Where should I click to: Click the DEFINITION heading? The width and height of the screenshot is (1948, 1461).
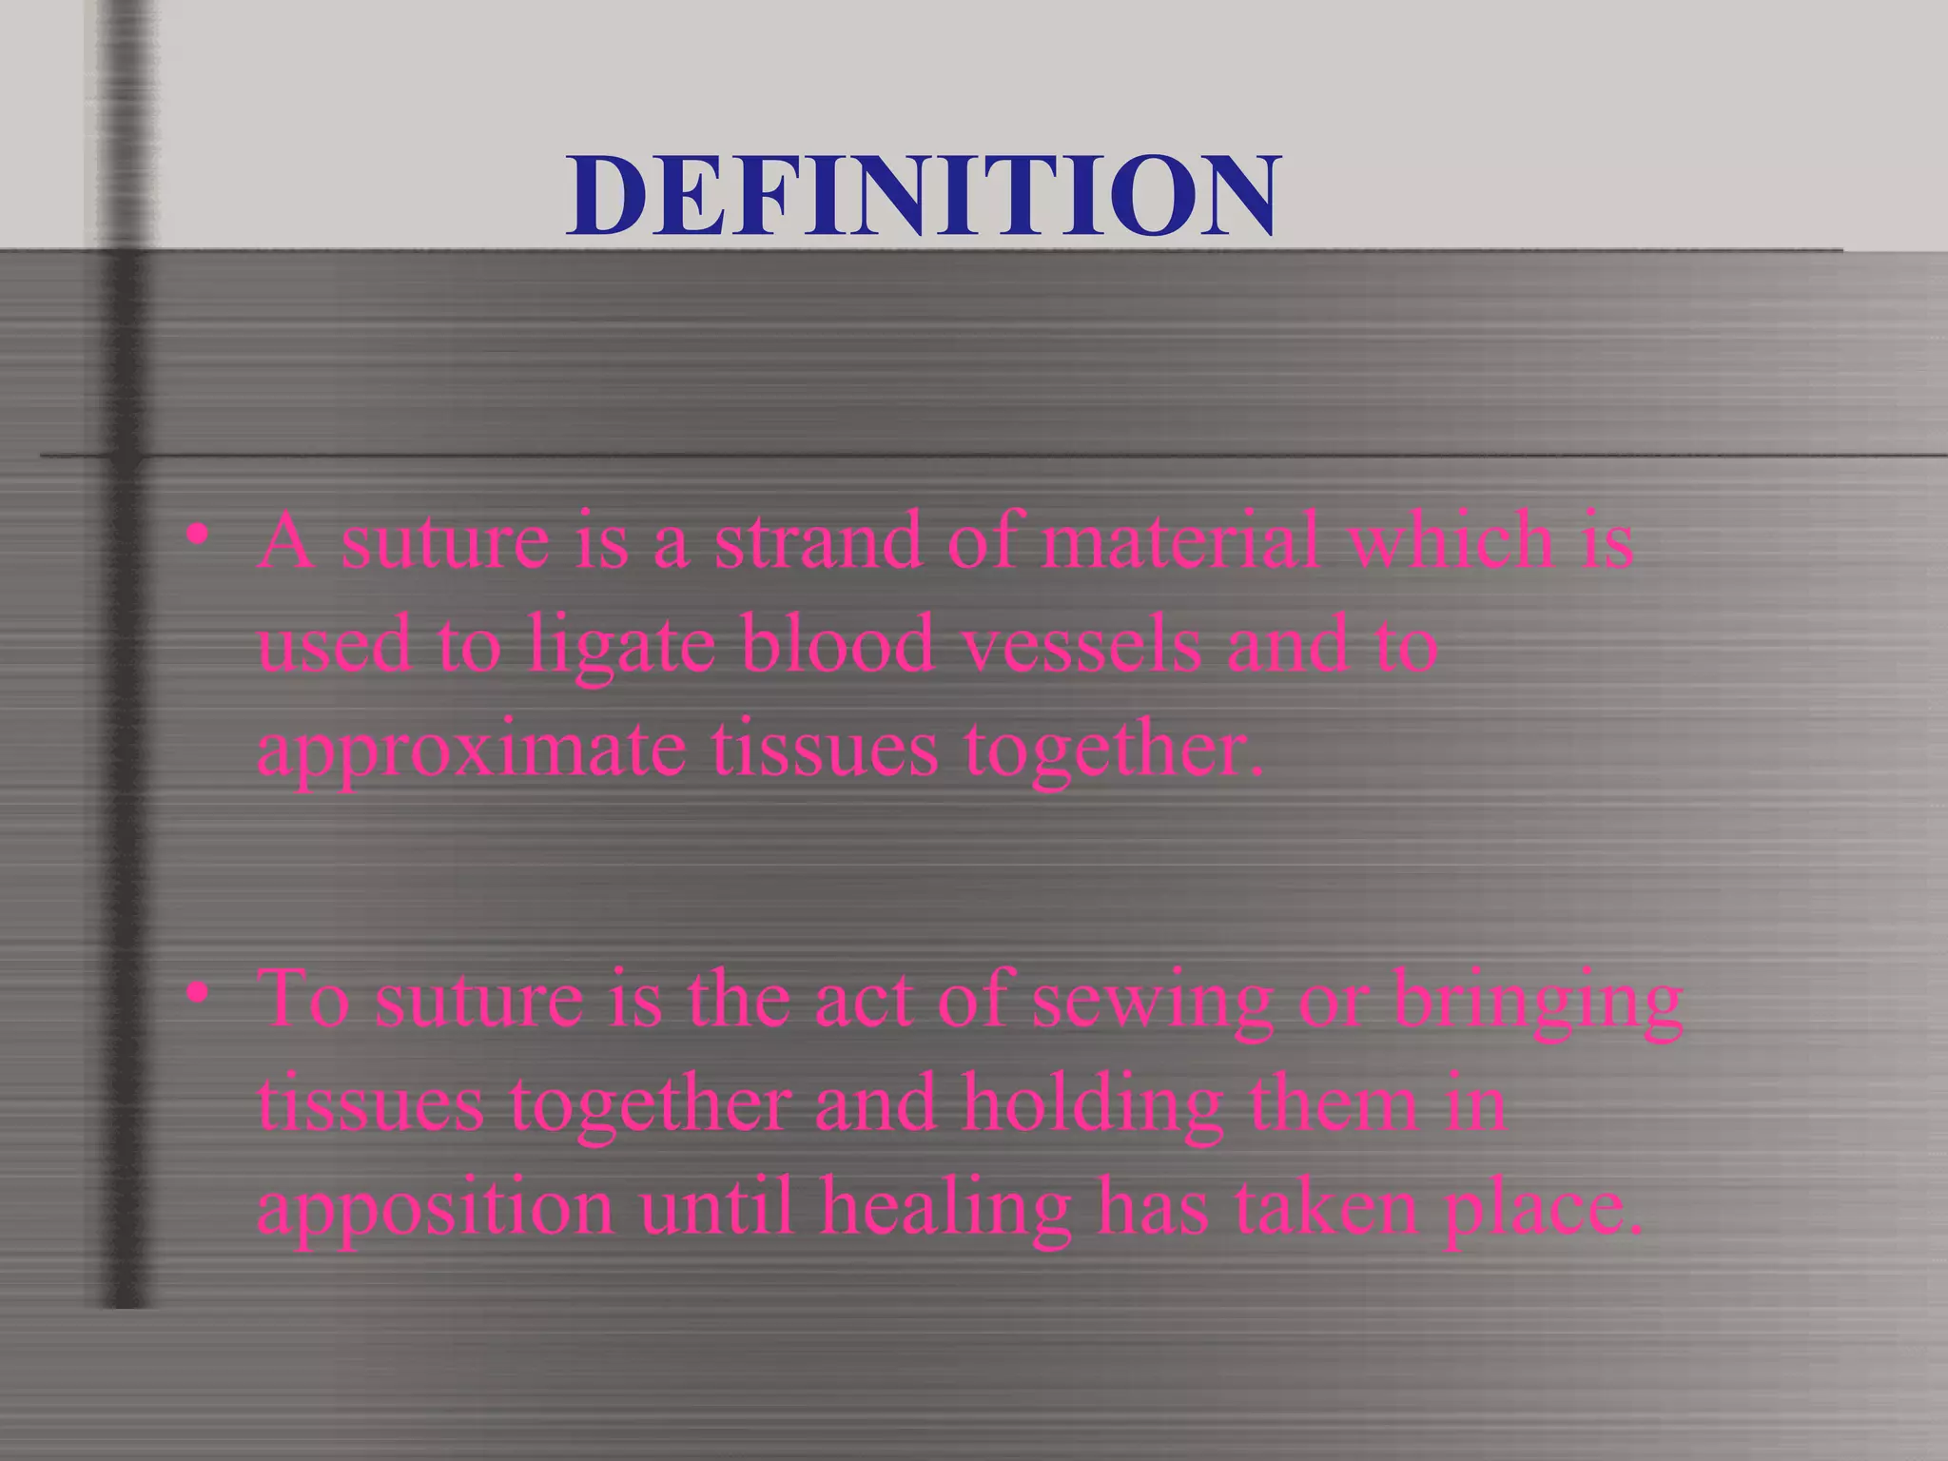923,196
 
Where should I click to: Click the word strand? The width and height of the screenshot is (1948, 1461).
818,540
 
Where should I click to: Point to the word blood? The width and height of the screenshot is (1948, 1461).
837,645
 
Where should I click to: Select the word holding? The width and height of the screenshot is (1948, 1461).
1092,1107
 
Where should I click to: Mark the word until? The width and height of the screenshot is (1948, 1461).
715,1208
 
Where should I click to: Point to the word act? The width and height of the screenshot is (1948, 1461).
865,1001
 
